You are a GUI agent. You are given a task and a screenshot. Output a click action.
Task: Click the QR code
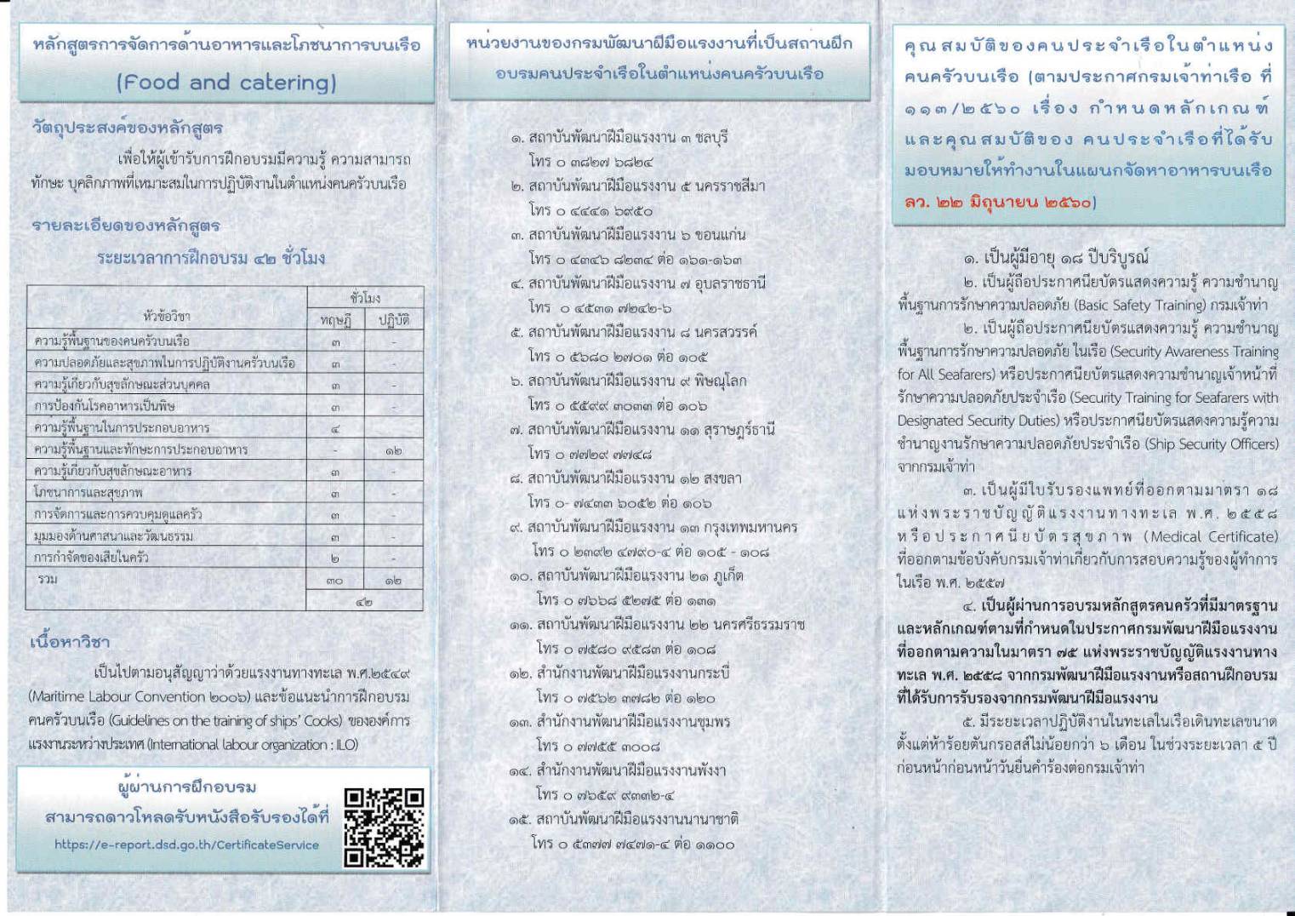tap(384, 827)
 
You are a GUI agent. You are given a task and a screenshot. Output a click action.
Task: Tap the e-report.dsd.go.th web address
tap(186, 844)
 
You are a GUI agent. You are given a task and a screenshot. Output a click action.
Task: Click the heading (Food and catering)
tap(225, 83)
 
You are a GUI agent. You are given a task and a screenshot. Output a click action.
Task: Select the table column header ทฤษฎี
tap(335, 320)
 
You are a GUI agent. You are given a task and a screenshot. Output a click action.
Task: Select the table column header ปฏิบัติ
tap(393, 320)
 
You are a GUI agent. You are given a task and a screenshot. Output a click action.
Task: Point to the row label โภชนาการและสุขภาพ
tap(88, 492)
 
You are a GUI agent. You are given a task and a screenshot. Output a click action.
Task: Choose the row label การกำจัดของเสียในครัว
tap(91, 558)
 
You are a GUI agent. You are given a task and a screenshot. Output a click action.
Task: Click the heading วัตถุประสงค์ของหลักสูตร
tap(127, 128)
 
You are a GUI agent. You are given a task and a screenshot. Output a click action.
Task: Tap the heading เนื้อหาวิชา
tap(70, 641)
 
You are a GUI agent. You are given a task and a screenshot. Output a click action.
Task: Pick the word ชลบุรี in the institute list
tap(710, 137)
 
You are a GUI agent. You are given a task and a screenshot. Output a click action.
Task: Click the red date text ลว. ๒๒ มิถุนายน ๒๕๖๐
tap(1000, 203)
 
